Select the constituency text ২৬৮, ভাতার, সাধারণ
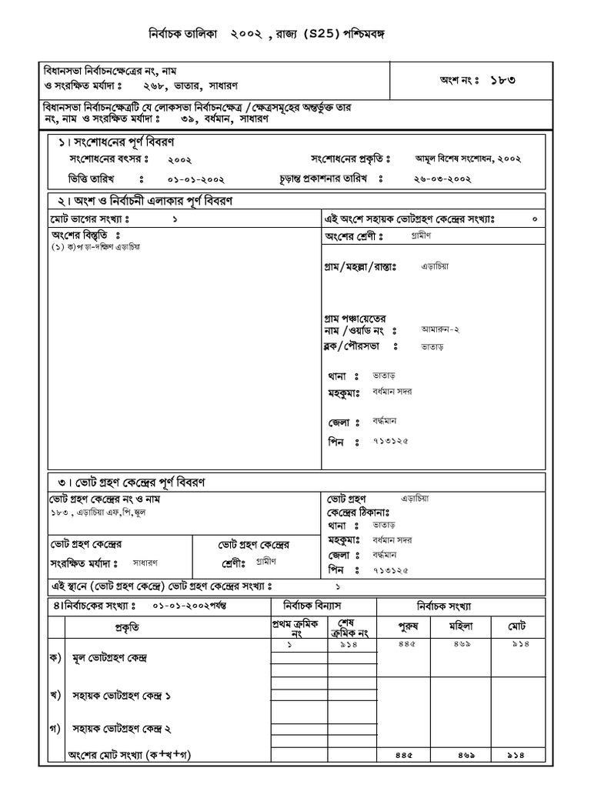pyautogui.click(x=199, y=85)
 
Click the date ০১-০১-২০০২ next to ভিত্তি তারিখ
pyautogui.click(x=195, y=179)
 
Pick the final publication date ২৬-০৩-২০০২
pyautogui.click(x=442, y=179)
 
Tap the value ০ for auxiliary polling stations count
pyautogui.click(x=535, y=219)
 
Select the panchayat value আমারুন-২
pyautogui.click(x=440, y=329)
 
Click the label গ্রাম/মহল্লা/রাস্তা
pyautogui.click(x=359, y=267)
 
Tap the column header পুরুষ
pyautogui.click(x=407, y=626)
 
